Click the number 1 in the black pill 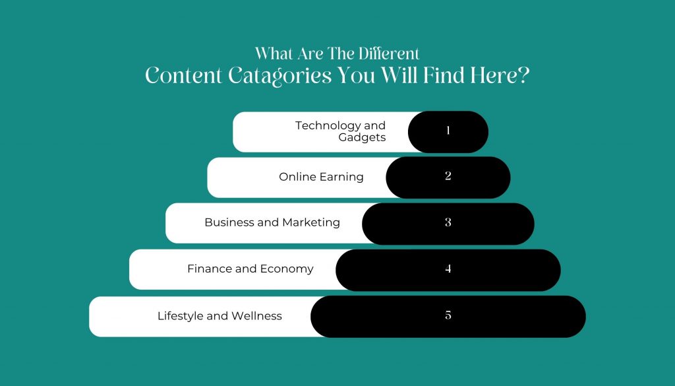pyautogui.click(x=448, y=130)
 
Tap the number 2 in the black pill pyautogui.click(x=448, y=176)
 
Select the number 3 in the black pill pyautogui.click(x=448, y=222)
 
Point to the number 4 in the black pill pyautogui.click(x=448, y=269)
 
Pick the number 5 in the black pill pyautogui.click(x=448, y=315)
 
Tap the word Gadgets pyautogui.click(x=362, y=138)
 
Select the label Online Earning pyautogui.click(x=321, y=177)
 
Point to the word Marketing pyautogui.click(x=311, y=223)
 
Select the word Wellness pyautogui.click(x=256, y=316)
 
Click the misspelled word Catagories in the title pyautogui.click(x=279, y=77)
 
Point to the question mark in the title pyautogui.click(x=523, y=75)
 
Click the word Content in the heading pyautogui.click(x=184, y=75)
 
